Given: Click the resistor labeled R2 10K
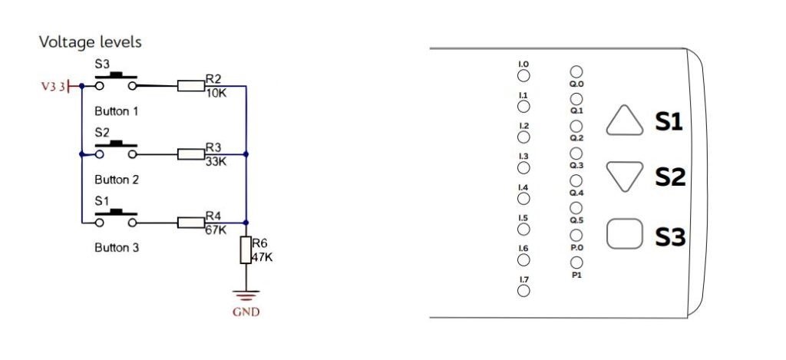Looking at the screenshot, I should [190, 86].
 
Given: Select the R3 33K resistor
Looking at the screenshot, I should [190, 154].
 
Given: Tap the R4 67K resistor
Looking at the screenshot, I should [190, 223].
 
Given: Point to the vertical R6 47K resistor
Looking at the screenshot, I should [246, 250].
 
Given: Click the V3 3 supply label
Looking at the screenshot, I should [54, 87].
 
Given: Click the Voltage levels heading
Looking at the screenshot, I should [91, 41].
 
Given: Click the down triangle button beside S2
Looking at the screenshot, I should [624, 177].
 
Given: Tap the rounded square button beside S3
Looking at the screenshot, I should [624, 235].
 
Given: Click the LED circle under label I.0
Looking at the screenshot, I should [523, 75].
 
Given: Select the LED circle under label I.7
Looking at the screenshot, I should [523, 290].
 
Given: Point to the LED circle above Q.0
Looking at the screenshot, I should [576, 72].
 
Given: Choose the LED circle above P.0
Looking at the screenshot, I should [576, 236].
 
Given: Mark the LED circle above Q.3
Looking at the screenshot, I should [576, 154].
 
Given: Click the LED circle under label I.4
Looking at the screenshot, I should [523, 199].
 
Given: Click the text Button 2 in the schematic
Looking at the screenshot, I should [116, 180].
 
